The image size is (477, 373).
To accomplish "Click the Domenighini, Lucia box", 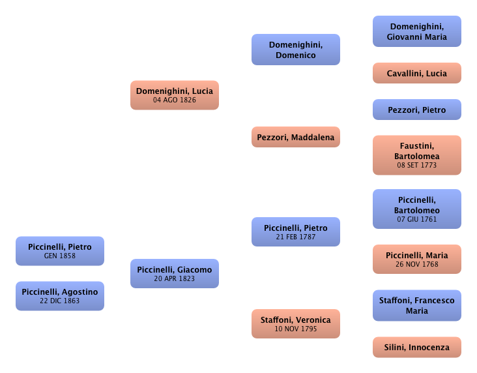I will pyautogui.click(x=174, y=95).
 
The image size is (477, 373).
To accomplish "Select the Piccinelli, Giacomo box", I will pyautogui.click(x=174, y=274).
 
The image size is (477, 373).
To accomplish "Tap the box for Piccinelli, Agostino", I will pyautogui.click(x=59, y=296).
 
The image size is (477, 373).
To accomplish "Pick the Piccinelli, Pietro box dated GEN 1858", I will pyautogui.click(x=59, y=251).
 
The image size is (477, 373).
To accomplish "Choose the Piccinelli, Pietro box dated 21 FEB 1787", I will pyautogui.click(x=296, y=231).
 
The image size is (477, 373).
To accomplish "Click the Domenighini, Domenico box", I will pyautogui.click(x=296, y=50).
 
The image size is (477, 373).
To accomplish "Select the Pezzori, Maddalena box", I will pyautogui.click(x=296, y=137).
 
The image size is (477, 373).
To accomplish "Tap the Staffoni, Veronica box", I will pyautogui.click(x=296, y=324).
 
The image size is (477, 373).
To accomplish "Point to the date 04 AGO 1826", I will pyautogui.click(x=174, y=100).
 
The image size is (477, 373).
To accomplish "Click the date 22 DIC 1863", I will pyautogui.click(x=59, y=301).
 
